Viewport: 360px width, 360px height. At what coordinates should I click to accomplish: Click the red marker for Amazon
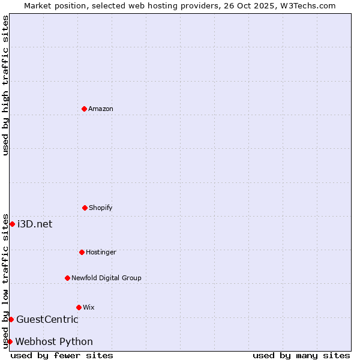click(x=84, y=109)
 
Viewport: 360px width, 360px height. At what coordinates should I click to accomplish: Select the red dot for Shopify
click(x=85, y=208)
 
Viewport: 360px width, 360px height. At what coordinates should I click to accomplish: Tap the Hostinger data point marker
click(x=82, y=252)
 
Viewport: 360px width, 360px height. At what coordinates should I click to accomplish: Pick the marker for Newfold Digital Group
click(x=67, y=278)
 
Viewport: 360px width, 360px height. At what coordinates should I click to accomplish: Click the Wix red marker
click(x=79, y=307)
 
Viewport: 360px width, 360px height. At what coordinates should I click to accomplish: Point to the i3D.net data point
click(x=12, y=224)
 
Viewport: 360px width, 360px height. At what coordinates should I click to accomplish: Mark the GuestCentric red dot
click(x=11, y=319)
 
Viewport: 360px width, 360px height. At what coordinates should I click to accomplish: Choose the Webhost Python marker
click(x=10, y=341)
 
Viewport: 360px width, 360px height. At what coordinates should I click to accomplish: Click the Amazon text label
click(x=101, y=109)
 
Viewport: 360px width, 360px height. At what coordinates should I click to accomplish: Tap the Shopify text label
click(x=101, y=208)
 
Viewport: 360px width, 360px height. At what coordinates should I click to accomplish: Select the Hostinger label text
click(x=101, y=252)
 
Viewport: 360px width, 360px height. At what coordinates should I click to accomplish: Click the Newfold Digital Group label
click(x=106, y=278)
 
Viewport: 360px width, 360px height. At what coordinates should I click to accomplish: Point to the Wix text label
click(x=89, y=307)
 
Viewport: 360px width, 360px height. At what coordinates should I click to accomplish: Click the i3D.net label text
click(x=35, y=224)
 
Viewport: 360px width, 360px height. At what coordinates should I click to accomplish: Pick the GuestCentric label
click(x=47, y=319)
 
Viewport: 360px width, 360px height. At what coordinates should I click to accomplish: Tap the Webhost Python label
click(x=54, y=341)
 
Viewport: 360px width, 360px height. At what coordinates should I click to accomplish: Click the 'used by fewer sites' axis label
click(x=62, y=355)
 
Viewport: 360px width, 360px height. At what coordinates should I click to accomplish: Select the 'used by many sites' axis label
click(x=301, y=355)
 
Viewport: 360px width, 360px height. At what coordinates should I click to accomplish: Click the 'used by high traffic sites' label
click(x=5, y=85)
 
